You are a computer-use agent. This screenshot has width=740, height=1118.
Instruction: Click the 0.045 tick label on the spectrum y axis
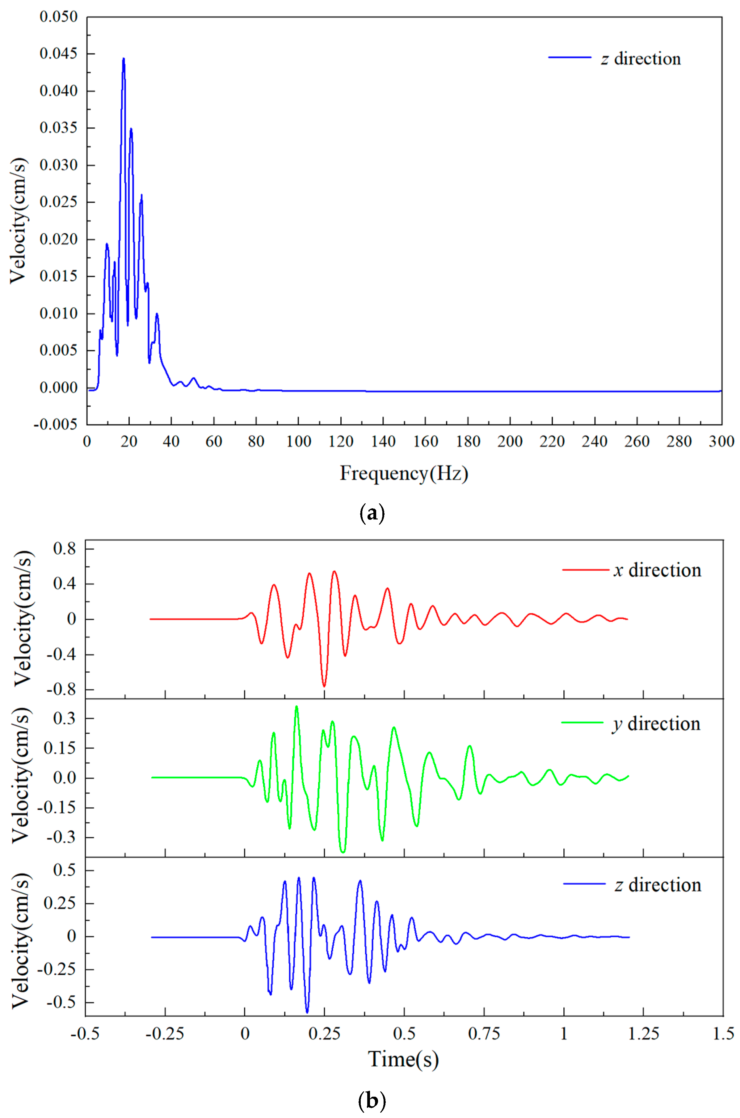(58, 53)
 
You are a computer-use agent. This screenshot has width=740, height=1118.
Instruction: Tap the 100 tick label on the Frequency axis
(298, 442)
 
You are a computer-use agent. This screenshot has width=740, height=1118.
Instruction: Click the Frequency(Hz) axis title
(404, 473)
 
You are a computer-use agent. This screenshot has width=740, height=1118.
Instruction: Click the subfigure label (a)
(372, 513)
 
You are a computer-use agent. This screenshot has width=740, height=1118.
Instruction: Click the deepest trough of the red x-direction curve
(324, 685)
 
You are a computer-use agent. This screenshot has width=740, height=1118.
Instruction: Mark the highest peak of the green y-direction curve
(296, 707)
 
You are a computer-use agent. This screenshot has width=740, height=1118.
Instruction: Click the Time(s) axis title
(403, 1059)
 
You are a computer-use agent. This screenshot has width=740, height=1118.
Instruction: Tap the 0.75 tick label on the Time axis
(484, 1034)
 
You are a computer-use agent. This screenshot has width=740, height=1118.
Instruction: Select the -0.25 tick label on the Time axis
(165, 1034)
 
